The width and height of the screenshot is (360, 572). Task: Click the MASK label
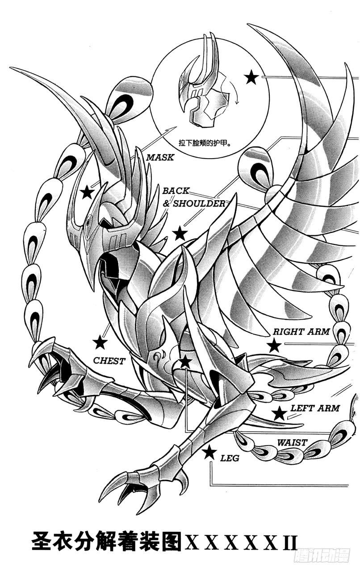(159, 157)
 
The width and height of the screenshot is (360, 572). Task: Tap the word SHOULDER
(199, 203)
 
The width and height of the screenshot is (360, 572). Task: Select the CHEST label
(109, 361)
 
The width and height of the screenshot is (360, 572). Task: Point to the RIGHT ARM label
(301, 332)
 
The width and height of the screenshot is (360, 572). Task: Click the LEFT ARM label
(315, 408)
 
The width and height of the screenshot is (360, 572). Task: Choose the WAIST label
(292, 442)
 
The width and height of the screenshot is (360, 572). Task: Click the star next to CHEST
(100, 342)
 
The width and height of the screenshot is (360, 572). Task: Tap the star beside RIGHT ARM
(275, 345)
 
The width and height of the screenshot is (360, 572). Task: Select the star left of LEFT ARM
(279, 413)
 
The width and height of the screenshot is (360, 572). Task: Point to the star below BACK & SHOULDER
(180, 233)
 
